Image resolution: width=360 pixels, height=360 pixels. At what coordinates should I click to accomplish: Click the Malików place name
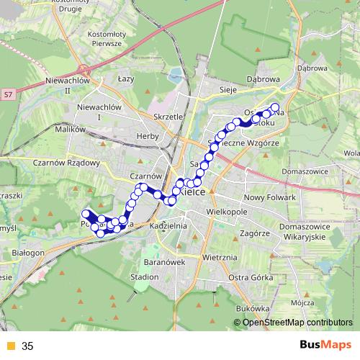point(70,130)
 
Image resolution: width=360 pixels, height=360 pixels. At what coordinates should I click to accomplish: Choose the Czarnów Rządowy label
point(66,162)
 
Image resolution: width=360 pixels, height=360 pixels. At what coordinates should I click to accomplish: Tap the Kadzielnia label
point(169,226)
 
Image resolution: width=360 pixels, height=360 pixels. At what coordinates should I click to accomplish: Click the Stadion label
point(145,276)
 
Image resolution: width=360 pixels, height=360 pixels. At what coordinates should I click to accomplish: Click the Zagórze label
point(255,233)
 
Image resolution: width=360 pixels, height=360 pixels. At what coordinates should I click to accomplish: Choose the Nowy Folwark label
point(270,197)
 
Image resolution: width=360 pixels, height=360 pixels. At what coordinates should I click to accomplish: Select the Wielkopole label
point(228,214)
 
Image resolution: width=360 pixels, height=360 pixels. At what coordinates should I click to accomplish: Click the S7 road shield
point(8,94)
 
